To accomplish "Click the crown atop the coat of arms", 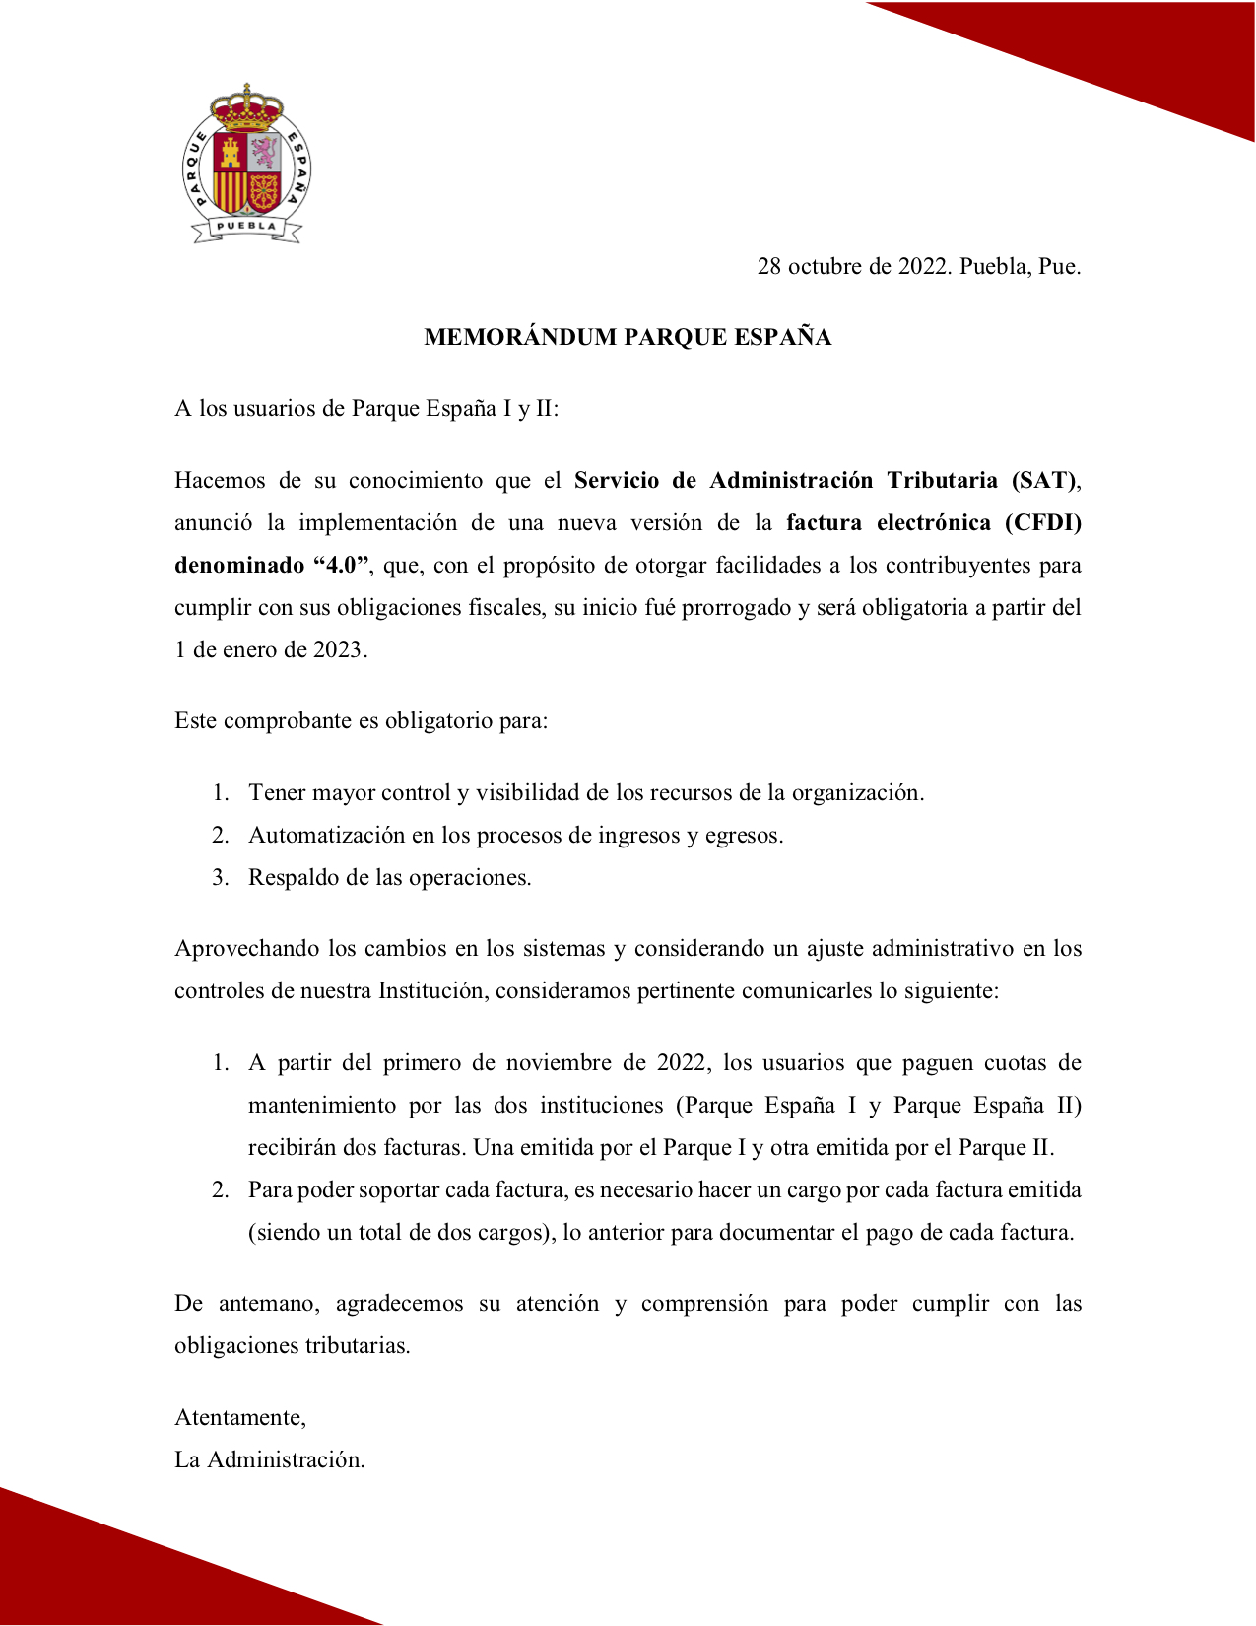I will [x=246, y=107].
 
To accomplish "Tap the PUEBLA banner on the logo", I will [x=246, y=227].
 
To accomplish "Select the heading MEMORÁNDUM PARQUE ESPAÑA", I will [x=628, y=337].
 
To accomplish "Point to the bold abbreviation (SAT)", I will [x=1044, y=480].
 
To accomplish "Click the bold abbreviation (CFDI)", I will [x=1043, y=522].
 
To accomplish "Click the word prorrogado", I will [x=737, y=607].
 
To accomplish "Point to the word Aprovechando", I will [x=247, y=948].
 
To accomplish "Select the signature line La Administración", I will [x=270, y=1459].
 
